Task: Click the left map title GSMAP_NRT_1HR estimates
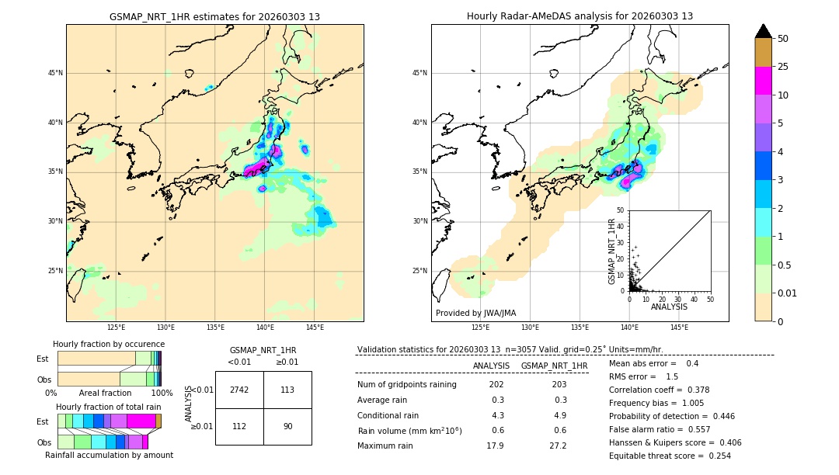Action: click(x=214, y=16)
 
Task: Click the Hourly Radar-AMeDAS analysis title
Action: click(x=580, y=16)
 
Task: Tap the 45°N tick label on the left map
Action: click(x=55, y=73)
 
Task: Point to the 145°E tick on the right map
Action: click(x=679, y=328)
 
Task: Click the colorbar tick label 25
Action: click(x=783, y=67)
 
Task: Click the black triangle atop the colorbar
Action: click(x=763, y=31)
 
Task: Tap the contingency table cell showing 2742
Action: click(x=239, y=390)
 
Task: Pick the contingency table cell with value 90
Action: click(x=287, y=425)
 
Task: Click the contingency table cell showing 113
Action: click(x=287, y=390)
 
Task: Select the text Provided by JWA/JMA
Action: click(x=475, y=314)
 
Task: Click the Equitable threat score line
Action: click(x=670, y=456)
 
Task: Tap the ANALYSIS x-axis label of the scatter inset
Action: click(x=669, y=307)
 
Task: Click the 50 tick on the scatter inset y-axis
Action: click(x=621, y=210)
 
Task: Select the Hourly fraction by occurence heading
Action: click(x=109, y=344)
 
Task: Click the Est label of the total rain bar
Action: click(x=43, y=421)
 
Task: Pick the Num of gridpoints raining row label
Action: click(x=406, y=384)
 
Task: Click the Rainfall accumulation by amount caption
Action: click(x=109, y=455)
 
